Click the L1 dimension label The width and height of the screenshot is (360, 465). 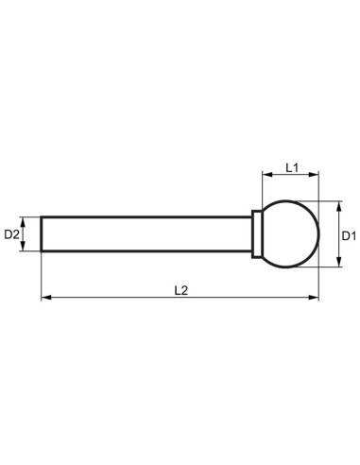pos(292,167)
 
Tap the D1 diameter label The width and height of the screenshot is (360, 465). pos(347,233)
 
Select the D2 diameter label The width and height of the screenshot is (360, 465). pos(13,233)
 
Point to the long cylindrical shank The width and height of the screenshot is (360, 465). pos(142,233)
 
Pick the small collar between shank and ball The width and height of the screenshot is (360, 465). pos(255,233)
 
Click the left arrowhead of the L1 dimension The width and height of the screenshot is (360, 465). pos(266,177)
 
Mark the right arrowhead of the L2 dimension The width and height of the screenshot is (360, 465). pos(316,299)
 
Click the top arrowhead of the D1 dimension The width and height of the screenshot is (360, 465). pos(335,205)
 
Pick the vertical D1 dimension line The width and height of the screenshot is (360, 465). pos(335,248)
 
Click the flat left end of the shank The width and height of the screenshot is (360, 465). pos(42,233)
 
